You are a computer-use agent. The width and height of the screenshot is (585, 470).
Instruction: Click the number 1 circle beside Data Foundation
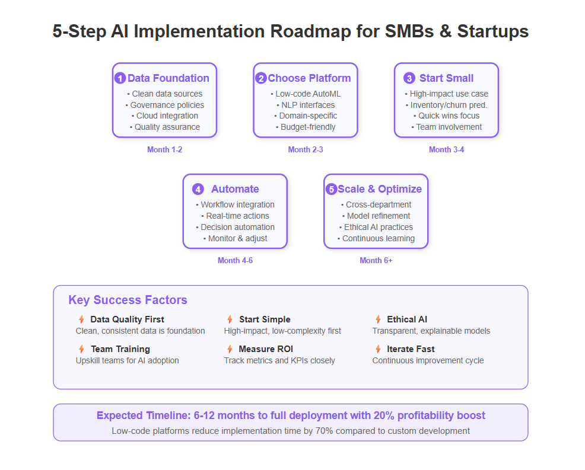click(120, 78)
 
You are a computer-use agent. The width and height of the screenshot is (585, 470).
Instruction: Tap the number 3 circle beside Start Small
click(409, 78)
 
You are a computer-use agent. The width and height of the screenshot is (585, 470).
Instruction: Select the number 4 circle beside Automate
click(198, 189)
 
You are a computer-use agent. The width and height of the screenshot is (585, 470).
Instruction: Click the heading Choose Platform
click(309, 78)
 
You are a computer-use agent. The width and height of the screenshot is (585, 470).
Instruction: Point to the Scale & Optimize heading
click(380, 189)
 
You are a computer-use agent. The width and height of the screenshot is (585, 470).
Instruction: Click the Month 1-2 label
click(164, 149)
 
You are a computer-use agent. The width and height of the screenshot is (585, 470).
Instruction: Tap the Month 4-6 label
click(235, 261)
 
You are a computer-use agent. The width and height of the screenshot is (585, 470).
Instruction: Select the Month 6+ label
click(376, 261)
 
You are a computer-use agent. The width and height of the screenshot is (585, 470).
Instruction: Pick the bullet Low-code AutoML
click(306, 94)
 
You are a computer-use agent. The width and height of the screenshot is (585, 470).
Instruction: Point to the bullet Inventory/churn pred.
click(447, 105)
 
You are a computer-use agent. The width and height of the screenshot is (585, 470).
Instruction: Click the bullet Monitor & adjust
click(236, 238)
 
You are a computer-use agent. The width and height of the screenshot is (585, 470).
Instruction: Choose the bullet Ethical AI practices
click(376, 228)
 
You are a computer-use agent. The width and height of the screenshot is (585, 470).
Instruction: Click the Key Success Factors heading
click(128, 300)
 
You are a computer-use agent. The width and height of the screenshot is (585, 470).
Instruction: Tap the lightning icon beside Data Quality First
click(81, 319)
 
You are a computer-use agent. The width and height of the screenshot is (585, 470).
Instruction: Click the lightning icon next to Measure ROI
click(230, 349)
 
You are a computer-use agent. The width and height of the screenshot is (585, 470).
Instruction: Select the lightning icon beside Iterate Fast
click(378, 349)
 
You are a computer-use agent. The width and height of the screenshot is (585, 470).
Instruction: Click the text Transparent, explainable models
click(431, 331)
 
